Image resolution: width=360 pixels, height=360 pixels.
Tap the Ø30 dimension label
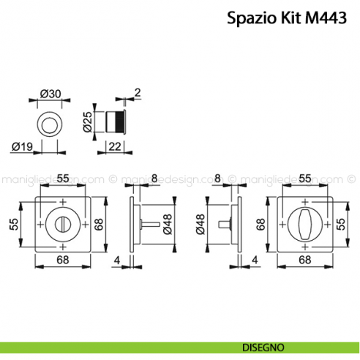[50, 94]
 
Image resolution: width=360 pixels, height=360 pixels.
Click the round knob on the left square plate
[62, 222]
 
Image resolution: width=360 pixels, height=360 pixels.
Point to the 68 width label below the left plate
[62, 260]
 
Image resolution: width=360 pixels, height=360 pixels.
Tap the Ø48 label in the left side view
[168, 222]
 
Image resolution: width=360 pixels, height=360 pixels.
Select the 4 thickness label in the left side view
[117, 259]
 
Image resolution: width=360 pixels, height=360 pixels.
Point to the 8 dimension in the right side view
[217, 178]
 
